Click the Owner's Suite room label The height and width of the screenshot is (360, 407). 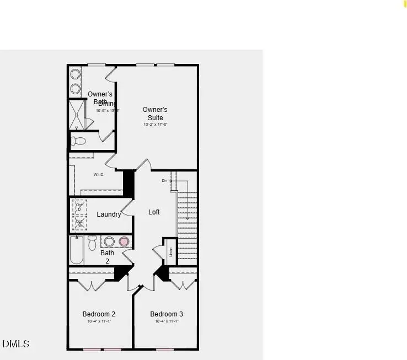click(155, 114)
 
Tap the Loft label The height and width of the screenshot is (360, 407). click(154, 212)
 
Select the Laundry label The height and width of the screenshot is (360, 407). click(109, 214)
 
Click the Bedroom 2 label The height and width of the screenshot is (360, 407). click(99, 314)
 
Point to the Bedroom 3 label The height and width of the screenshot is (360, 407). click(167, 314)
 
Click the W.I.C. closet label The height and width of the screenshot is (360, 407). click(99, 175)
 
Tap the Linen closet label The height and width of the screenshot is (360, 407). click(171, 252)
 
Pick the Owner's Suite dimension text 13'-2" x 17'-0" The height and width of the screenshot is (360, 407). click(155, 125)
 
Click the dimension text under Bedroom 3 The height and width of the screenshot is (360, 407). click(167, 321)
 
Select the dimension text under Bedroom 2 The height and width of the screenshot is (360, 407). click(99, 321)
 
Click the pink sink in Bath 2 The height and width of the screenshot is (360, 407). click(124, 241)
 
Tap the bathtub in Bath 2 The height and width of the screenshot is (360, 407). click(76, 251)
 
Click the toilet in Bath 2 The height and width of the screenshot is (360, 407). click(93, 242)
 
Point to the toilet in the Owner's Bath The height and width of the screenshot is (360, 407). click(78, 141)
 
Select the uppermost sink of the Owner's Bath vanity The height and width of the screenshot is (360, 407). click(76, 74)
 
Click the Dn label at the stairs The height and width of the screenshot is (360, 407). click(164, 181)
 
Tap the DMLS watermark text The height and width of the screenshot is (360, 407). click(16, 344)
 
